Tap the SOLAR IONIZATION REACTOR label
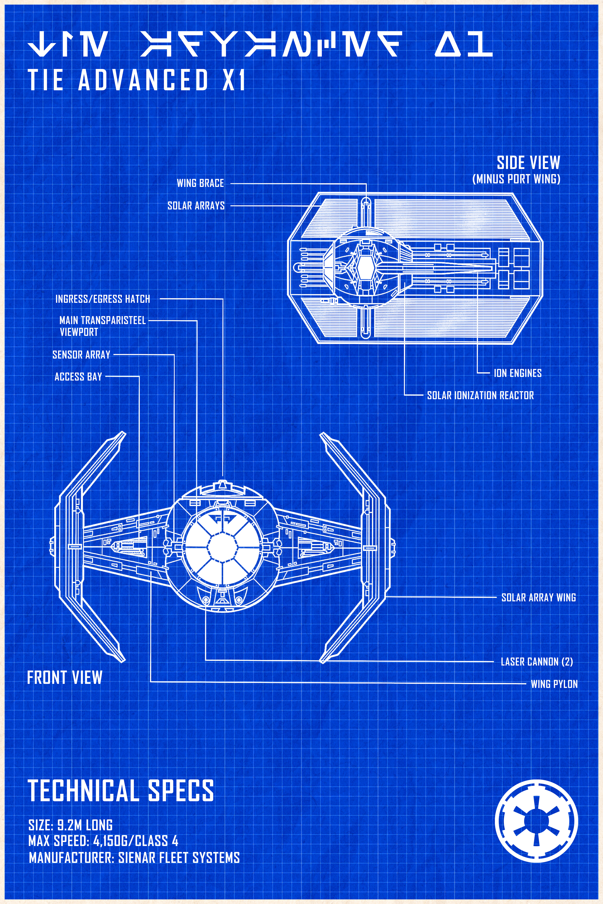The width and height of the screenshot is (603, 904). (x=480, y=395)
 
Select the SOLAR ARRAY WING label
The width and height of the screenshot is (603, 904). (x=538, y=597)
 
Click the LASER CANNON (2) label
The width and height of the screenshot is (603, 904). (x=536, y=662)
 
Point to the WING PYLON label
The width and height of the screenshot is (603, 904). (x=554, y=684)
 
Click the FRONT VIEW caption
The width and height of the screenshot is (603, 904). (x=65, y=677)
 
